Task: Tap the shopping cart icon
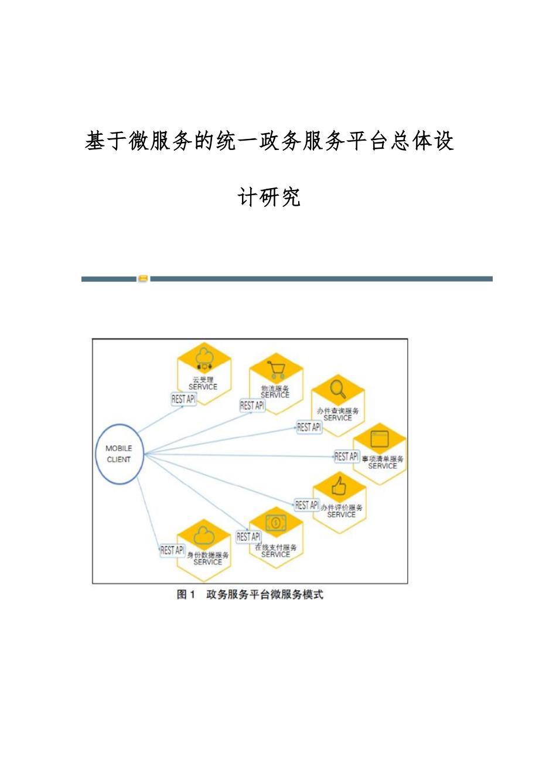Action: [275, 369]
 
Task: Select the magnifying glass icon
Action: [338, 389]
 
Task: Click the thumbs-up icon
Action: [339, 486]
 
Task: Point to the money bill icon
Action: [275, 522]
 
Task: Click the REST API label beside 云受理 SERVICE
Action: [183, 399]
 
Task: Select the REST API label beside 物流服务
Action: [252, 406]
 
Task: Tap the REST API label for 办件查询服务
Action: [309, 427]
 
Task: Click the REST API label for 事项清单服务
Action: [346, 456]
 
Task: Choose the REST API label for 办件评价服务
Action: [306, 505]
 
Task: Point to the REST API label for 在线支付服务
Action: [248, 536]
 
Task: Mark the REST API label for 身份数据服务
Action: [172, 550]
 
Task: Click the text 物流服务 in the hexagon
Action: [275, 388]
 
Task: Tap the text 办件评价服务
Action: [342, 507]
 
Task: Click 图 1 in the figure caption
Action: [186, 595]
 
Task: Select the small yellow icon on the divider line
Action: [143, 278]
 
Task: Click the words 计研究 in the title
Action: [269, 197]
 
